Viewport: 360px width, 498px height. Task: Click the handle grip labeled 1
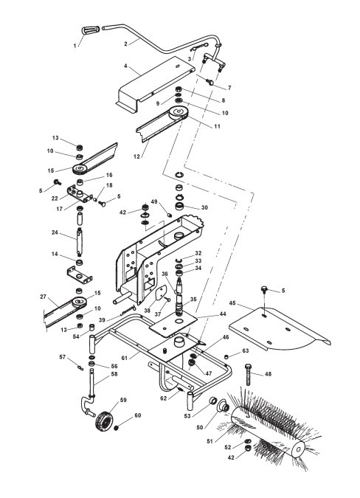[x=91, y=30]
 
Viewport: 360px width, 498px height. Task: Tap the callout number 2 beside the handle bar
[x=125, y=44]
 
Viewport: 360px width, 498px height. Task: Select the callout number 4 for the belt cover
[x=125, y=66]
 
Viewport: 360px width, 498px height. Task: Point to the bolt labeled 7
[x=210, y=82]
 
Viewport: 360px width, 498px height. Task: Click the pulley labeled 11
[x=179, y=113]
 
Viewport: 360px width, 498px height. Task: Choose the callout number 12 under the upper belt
[x=136, y=156]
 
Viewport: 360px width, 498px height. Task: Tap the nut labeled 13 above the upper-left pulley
[x=80, y=147]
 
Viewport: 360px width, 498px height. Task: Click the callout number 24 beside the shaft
[x=55, y=232]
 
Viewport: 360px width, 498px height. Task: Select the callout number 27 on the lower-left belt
[x=44, y=297]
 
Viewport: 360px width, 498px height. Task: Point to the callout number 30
[x=204, y=208]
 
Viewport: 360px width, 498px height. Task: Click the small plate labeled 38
[x=162, y=293]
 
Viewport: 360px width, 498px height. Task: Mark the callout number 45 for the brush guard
[x=232, y=303]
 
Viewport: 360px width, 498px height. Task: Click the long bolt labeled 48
[x=249, y=375]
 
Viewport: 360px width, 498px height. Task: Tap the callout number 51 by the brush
[x=210, y=440]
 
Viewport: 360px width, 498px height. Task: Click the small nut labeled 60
[x=117, y=428]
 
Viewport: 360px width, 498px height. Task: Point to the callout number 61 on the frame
[x=124, y=359]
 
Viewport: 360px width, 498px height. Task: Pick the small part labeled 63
[x=226, y=356]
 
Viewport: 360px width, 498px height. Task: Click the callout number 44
[x=223, y=314]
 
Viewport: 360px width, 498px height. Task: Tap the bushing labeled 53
[x=212, y=401]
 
